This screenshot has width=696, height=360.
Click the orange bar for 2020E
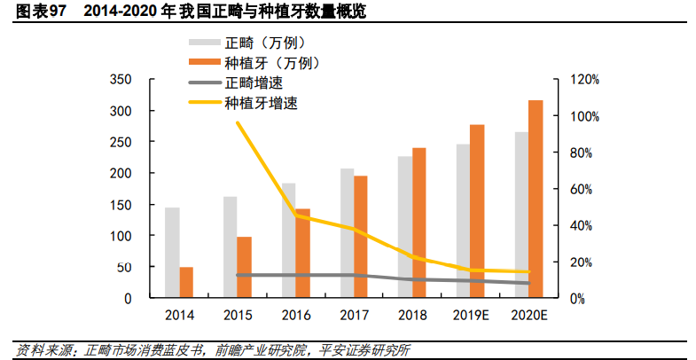536,200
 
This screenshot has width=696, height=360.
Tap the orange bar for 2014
186,282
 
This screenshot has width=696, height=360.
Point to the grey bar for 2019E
463,221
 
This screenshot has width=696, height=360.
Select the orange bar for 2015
245,267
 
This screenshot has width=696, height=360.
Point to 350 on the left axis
121,80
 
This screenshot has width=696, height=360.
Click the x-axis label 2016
296,316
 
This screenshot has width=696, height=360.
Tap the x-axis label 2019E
471,316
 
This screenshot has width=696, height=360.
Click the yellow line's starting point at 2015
238,122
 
